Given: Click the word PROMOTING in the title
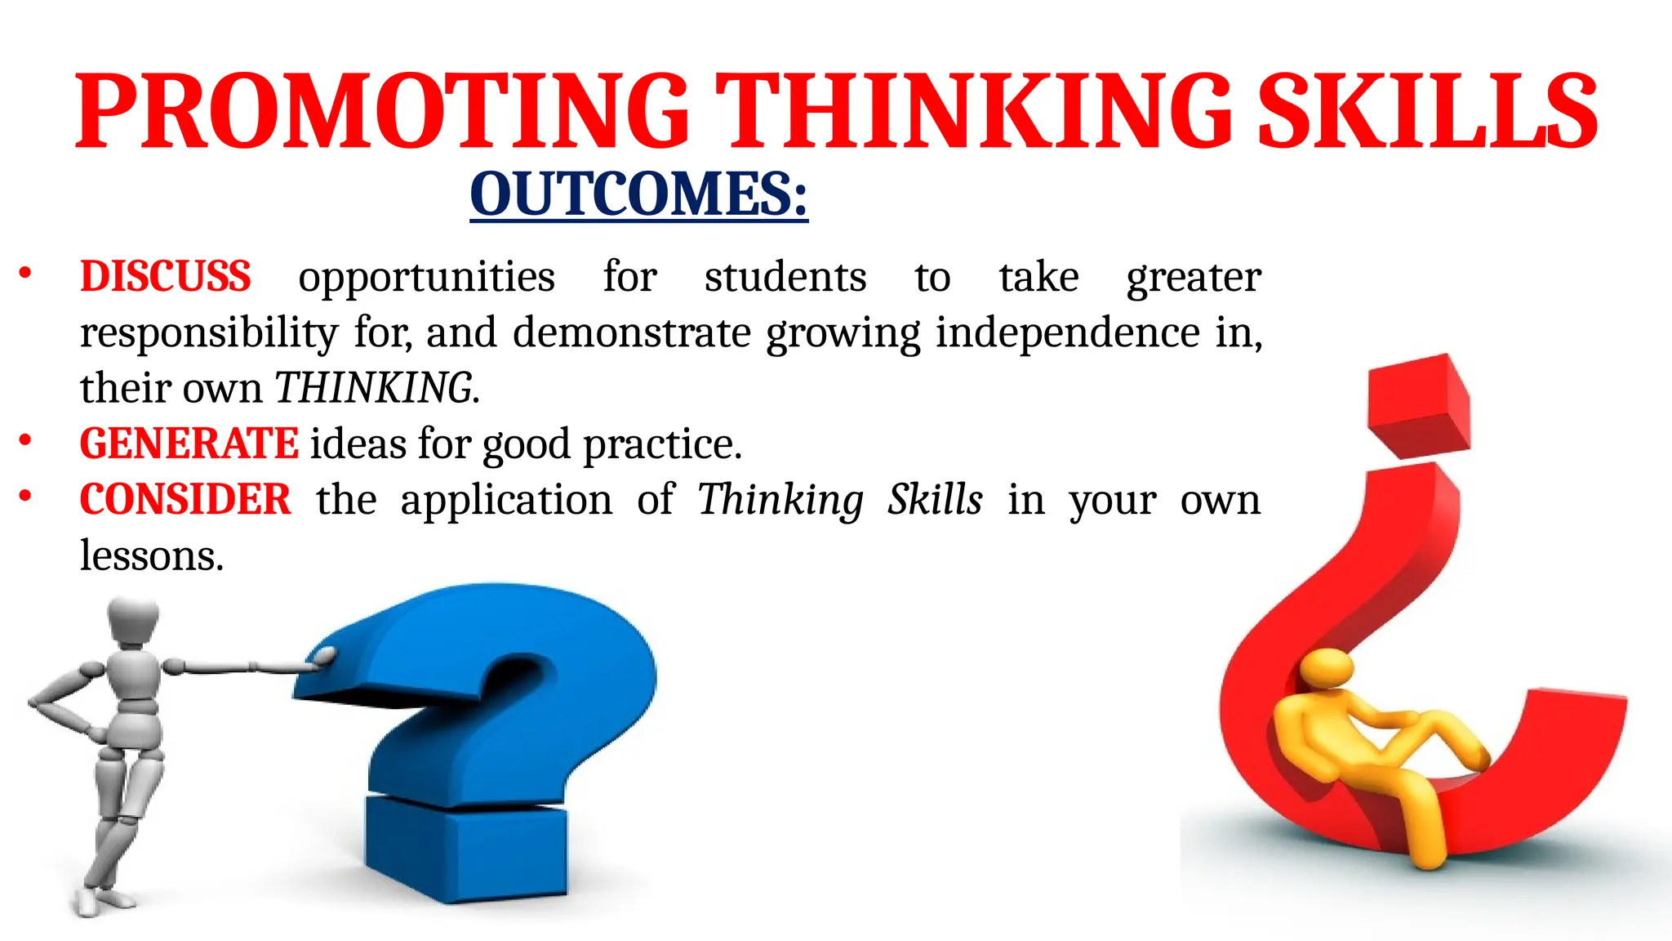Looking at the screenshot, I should pos(382,111).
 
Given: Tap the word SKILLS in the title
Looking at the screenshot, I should pos(1427,111).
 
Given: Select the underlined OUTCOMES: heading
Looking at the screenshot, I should pos(638,194).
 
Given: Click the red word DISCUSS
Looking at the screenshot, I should pos(165,276).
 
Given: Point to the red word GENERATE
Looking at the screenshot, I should pos(189,444).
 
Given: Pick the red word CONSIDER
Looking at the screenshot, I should pos(185,499).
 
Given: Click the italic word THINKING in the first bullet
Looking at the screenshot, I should pos(374,388).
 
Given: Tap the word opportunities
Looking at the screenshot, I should pos(426,277).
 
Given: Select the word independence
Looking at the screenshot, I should pos(1068,332).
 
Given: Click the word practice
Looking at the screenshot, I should pos(661,444).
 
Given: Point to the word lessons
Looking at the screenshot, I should pos(151,555).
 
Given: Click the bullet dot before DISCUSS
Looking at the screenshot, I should pos(25,274).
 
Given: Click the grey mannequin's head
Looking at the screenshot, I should pos(133,621).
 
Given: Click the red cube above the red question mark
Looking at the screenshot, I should pos(1420,406).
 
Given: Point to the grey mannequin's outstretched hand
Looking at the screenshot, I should pos(322,658).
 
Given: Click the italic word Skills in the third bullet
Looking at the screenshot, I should pos(935,499).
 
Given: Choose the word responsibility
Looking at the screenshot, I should pos(209,333).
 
